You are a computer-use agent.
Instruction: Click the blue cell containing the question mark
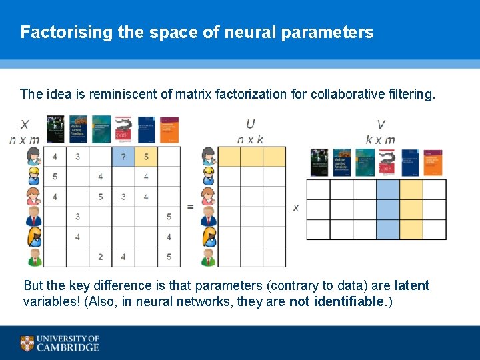click(123, 157)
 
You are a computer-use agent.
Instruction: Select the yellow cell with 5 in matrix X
click(145, 157)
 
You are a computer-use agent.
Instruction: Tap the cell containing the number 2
click(100, 257)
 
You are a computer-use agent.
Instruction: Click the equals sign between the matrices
click(190, 207)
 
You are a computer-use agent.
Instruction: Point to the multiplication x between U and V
click(295, 208)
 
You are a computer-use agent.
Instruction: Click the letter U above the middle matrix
click(250, 125)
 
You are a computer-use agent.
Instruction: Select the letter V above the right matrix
click(381, 125)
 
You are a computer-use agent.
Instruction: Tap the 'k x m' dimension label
click(380, 139)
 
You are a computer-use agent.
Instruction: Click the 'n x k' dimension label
click(250, 139)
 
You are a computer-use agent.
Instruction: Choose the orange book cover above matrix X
click(169, 129)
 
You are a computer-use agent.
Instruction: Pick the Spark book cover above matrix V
click(388, 163)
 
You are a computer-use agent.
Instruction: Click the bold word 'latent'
click(411, 285)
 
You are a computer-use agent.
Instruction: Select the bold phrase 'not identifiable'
click(337, 301)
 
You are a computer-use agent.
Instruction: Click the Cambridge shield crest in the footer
click(27, 343)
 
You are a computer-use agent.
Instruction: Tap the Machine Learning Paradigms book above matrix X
click(79, 129)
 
